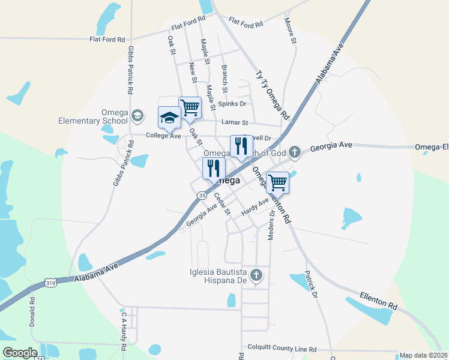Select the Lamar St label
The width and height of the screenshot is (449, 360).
[235, 122]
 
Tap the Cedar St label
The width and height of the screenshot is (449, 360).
[222, 203]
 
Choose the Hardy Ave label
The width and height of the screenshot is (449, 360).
[255, 208]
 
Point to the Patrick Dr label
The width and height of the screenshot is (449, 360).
[310, 279]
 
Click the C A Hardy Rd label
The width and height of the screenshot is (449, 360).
[124, 330]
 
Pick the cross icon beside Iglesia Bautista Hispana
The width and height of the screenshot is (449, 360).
[256, 275]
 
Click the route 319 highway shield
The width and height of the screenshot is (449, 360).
[51, 282]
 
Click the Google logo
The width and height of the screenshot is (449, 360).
[20, 353]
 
